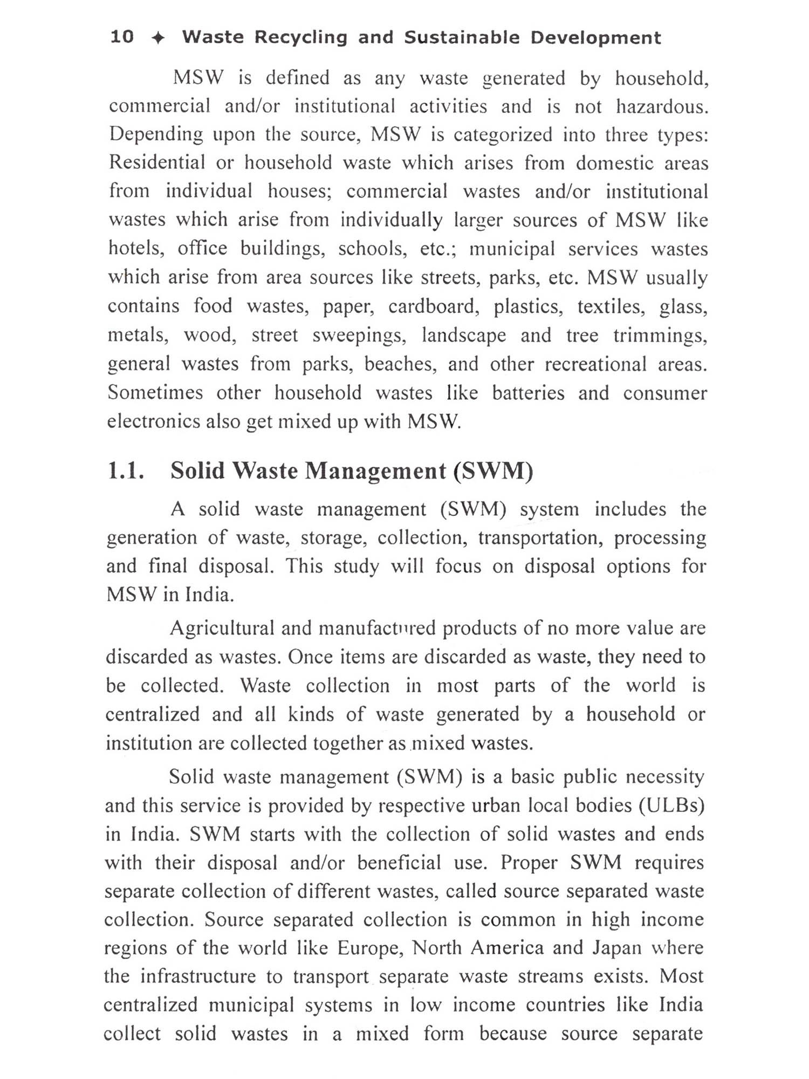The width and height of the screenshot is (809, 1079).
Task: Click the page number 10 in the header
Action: (x=122, y=37)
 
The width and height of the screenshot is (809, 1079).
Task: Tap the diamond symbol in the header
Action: (x=157, y=38)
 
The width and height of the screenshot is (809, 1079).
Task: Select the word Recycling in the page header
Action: (x=301, y=38)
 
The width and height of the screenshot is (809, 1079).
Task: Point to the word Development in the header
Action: (x=595, y=38)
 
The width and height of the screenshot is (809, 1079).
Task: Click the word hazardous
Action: (x=662, y=106)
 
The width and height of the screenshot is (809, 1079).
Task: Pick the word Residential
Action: (x=157, y=162)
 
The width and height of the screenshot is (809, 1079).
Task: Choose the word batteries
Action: (x=528, y=393)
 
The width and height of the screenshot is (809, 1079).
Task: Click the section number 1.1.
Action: (x=126, y=471)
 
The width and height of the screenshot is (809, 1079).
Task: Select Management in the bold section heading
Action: (x=375, y=471)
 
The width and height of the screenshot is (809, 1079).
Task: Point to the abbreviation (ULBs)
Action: (x=672, y=805)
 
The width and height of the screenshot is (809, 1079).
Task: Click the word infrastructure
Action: (x=198, y=976)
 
